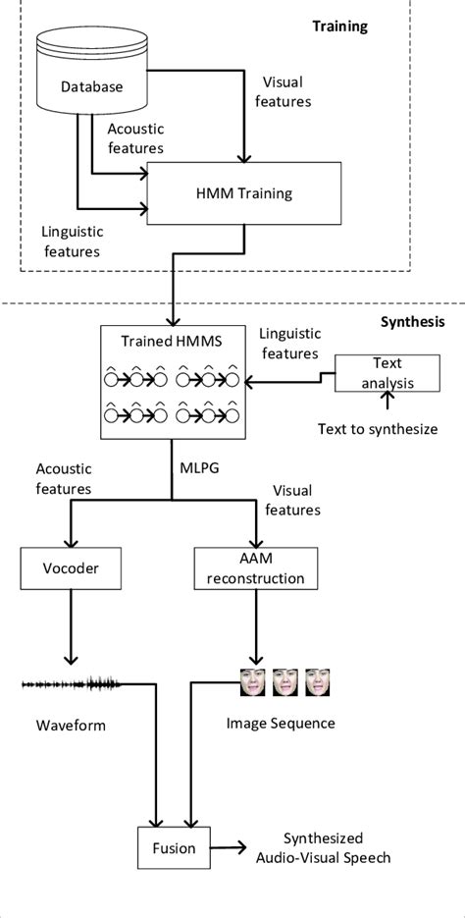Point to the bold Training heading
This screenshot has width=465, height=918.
[x=339, y=26]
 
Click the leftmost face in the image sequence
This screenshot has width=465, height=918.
[x=253, y=682]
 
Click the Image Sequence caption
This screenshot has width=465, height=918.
[x=281, y=724]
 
